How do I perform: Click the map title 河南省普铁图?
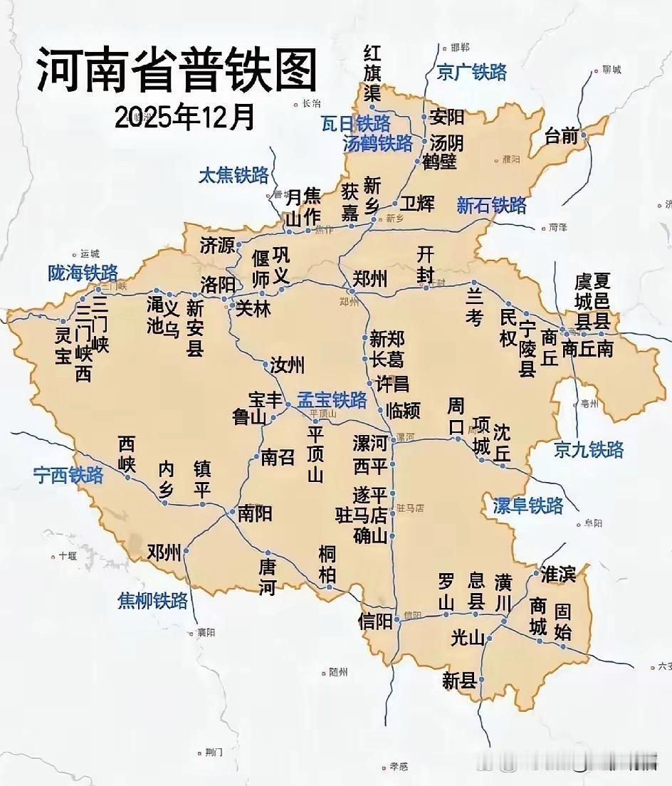click(x=176, y=70)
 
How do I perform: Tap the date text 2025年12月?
click(x=184, y=117)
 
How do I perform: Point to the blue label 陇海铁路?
click(x=83, y=273)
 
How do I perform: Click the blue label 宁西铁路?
click(x=68, y=476)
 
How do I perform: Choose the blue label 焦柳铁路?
click(x=152, y=601)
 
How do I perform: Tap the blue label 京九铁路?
click(x=589, y=449)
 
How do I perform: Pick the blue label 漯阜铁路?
click(x=528, y=505)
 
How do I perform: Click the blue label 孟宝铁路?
click(x=332, y=399)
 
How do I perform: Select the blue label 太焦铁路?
click(x=233, y=175)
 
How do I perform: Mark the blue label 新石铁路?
click(x=492, y=206)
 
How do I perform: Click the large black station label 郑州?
click(x=370, y=278)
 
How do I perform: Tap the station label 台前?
click(x=562, y=136)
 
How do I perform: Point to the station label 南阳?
click(x=254, y=513)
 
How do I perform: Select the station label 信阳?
click(x=375, y=621)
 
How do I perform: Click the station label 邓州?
click(x=164, y=552)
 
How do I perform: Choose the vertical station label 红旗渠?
click(x=372, y=73)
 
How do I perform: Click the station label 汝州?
click(x=287, y=366)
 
